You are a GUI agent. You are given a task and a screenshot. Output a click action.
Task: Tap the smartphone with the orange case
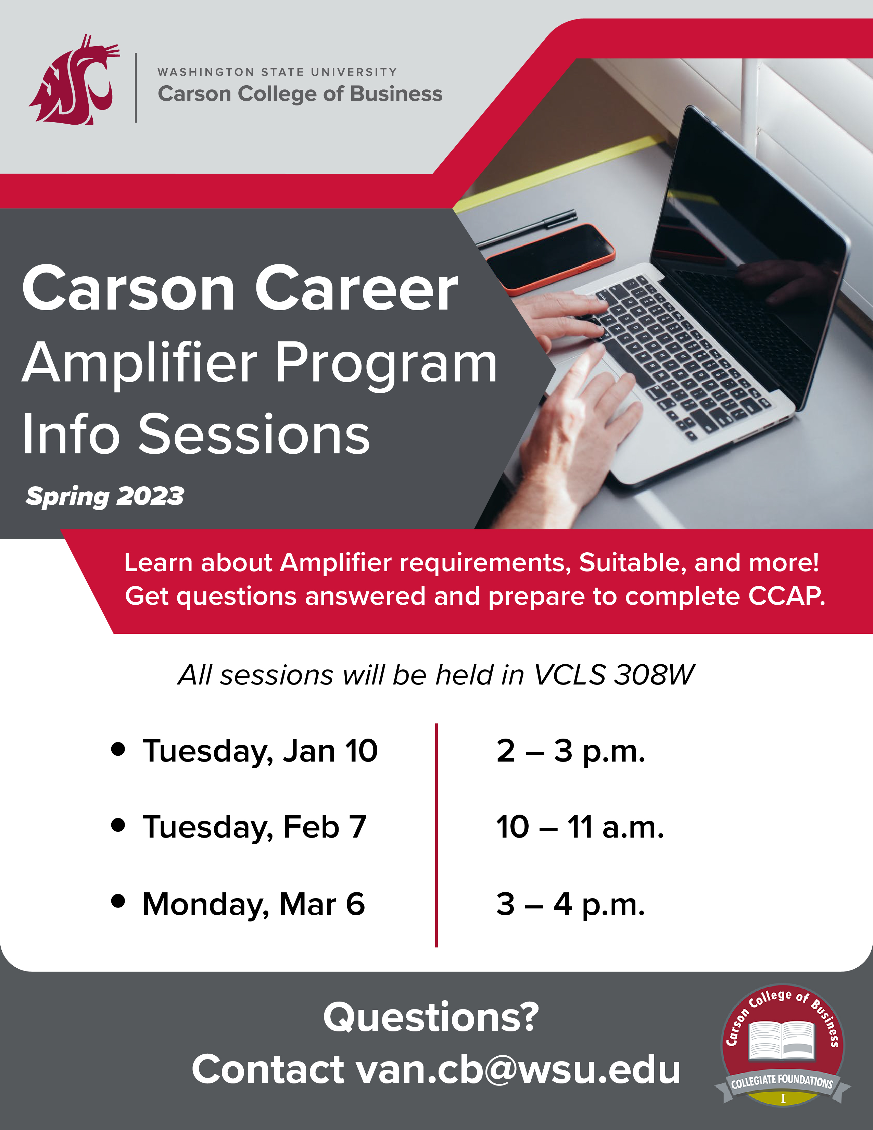pos(551,259)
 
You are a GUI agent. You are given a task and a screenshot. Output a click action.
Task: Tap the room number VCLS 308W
pos(614,675)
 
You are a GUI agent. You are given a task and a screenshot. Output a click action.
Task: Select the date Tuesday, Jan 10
pos(260,752)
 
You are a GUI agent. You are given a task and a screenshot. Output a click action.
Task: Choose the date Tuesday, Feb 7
pos(254,827)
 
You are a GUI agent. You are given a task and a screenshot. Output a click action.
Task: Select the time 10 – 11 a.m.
pos(580,827)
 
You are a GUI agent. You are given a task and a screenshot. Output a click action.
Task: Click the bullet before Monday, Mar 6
pos(118,901)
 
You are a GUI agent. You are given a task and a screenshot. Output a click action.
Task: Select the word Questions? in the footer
pos(431,1017)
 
